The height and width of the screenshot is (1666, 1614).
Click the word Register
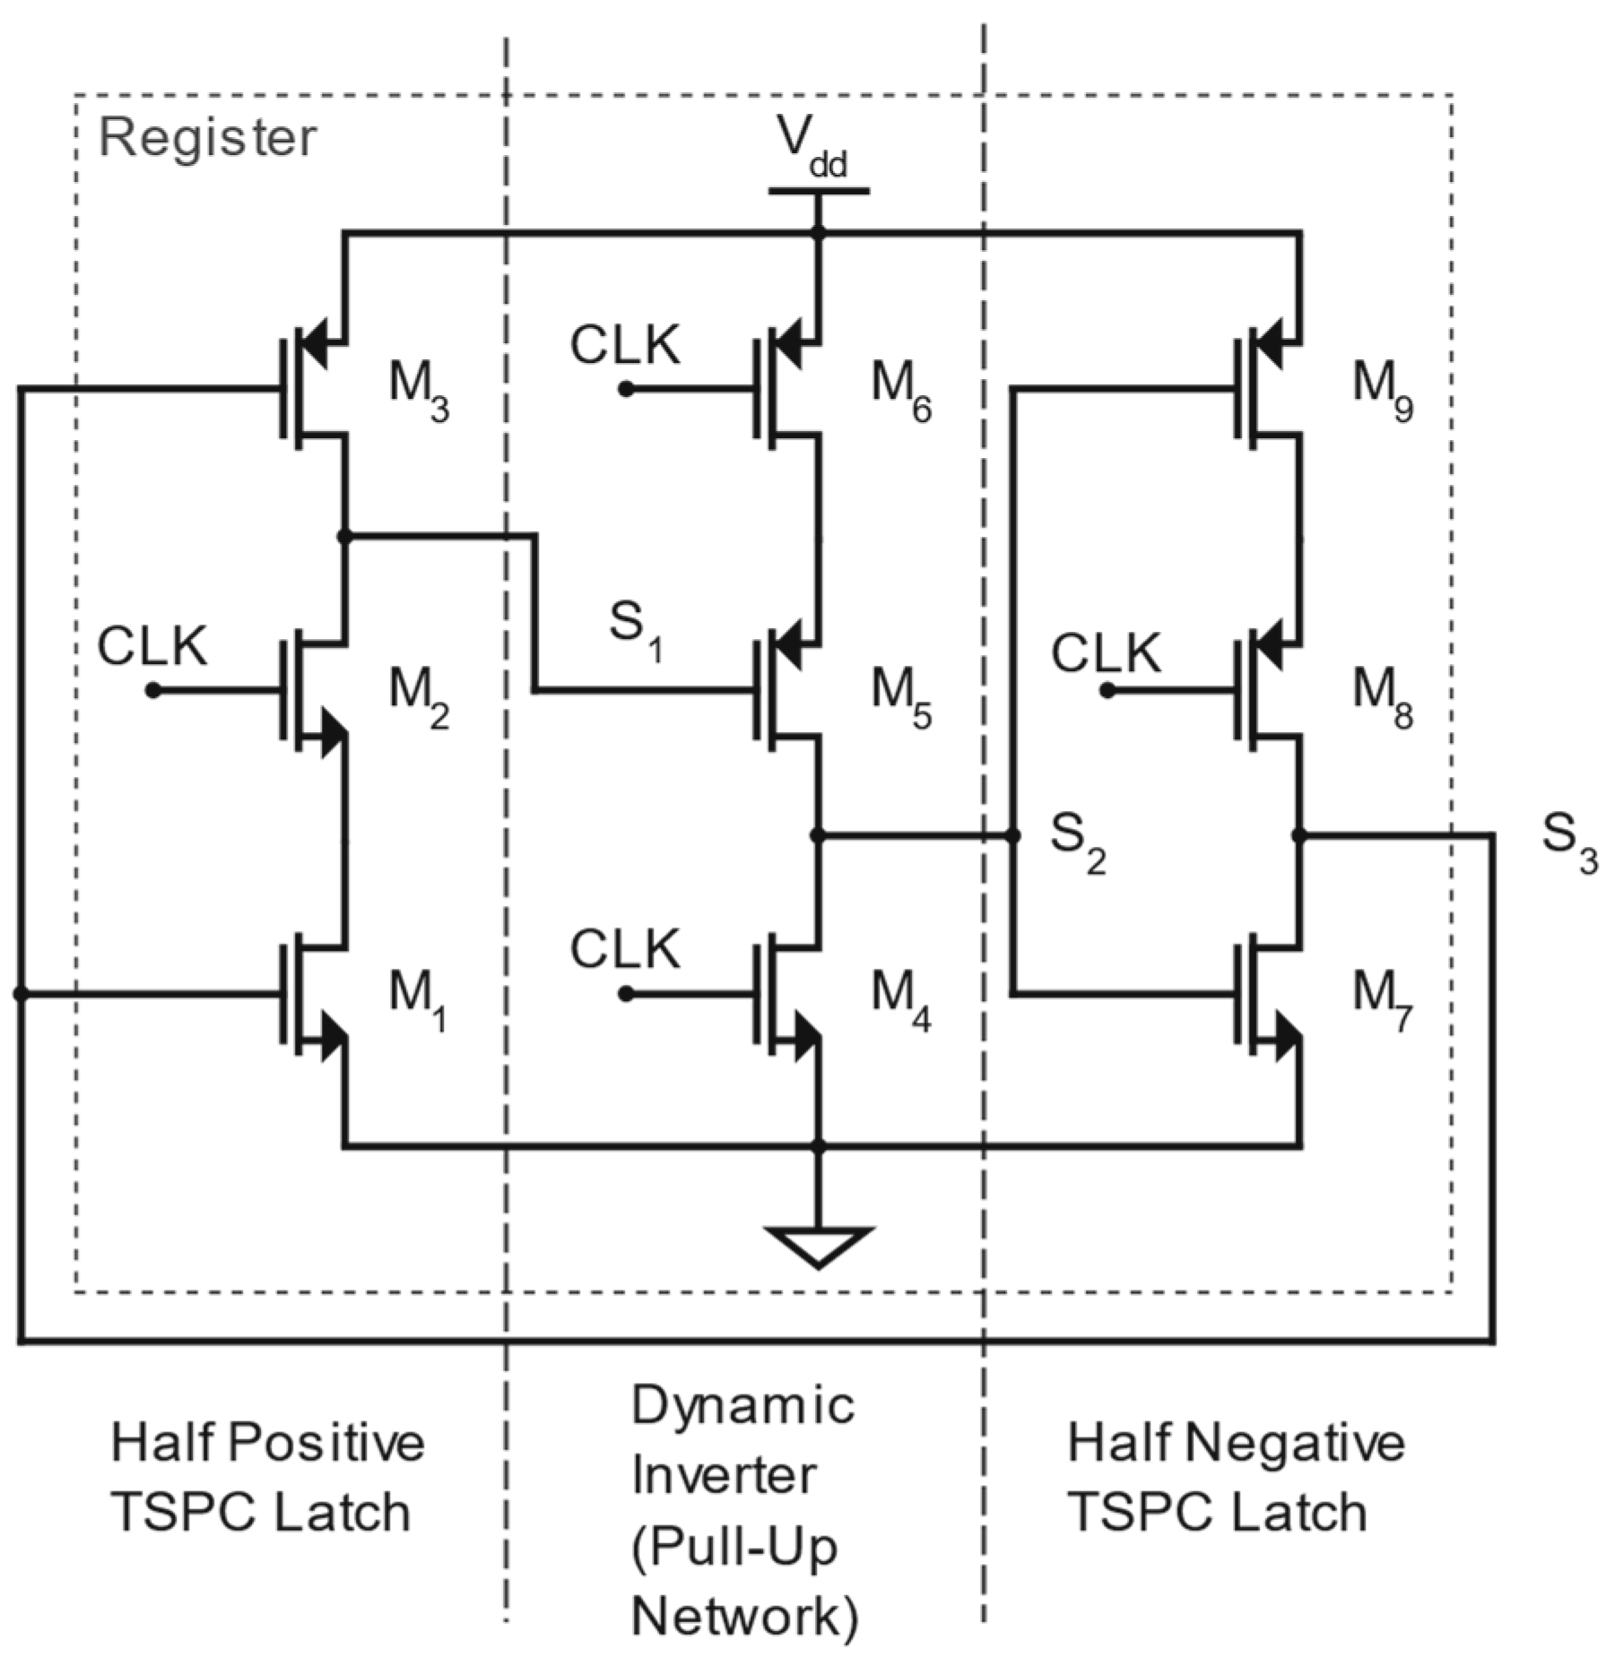pyautogui.click(x=207, y=138)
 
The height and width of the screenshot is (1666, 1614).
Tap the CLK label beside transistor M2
pyautogui.click(x=152, y=646)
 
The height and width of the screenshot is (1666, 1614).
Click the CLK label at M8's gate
pyautogui.click(x=1106, y=653)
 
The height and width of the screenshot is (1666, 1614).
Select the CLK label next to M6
pyautogui.click(x=625, y=345)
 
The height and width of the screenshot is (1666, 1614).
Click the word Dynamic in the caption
pyautogui.click(x=742, y=1405)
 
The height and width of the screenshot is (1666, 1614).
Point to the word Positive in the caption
pyautogui.click(x=325, y=1443)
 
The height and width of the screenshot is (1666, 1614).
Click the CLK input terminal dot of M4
pyautogui.click(x=626, y=994)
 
